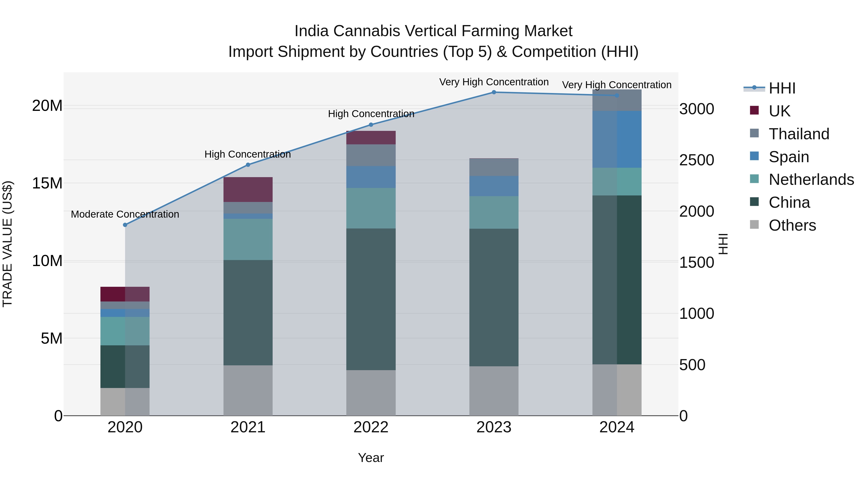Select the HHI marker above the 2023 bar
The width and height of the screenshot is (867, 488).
(x=494, y=92)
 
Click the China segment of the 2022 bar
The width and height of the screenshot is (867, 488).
(x=371, y=299)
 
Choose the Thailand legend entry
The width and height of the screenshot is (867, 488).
(x=799, y=134)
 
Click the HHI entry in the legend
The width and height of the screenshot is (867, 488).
(x=782, y=88)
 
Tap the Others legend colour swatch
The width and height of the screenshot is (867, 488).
(x=754, y=225)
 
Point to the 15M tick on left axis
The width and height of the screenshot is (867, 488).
(x=47, y=184)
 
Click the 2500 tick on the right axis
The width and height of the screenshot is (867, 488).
(x=696, y=160)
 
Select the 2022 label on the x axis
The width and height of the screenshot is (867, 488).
(x=371, y=427)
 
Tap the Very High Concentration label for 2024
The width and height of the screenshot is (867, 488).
(x=617, y=85)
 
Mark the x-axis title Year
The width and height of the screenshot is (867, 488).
(x=371, y=458)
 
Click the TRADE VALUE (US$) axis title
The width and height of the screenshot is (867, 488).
(x=7, y=244)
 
